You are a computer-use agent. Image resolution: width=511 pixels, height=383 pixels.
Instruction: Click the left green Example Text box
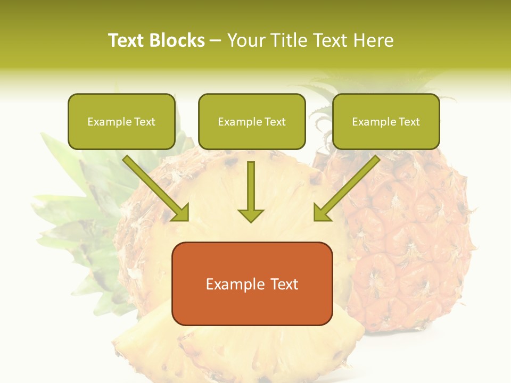tap(121, 121)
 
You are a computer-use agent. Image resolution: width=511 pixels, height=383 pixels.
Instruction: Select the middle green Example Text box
tap(252, 121)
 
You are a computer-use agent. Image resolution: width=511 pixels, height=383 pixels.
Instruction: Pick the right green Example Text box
tap(386, 121)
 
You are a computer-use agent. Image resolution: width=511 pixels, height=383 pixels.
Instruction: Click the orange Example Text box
tap(252, 284)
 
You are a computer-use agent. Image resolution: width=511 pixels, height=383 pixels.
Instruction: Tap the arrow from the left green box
tap(154, 186)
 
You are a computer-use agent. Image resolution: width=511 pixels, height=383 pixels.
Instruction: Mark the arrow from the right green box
tap(349, 186)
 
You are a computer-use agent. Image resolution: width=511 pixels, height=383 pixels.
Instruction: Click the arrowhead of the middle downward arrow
tap(251, 215)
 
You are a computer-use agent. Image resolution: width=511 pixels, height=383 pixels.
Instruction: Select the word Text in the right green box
tap(409, 122)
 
